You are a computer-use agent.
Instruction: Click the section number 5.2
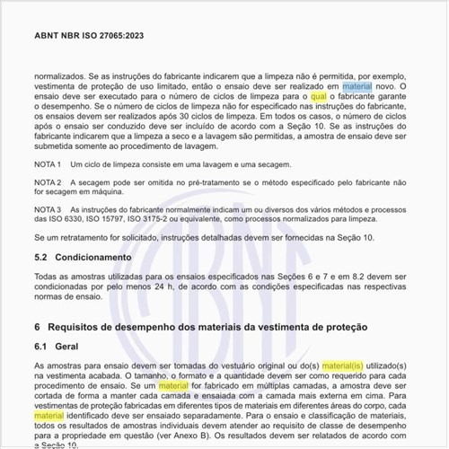coord(41,257)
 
